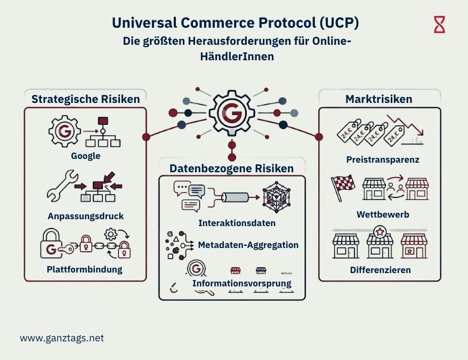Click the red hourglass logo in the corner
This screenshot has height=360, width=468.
(x=439, y=25)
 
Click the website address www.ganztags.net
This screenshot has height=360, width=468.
(x=62, y=338)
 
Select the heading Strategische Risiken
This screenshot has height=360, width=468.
(x=86, y=99)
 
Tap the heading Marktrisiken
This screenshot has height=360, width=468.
(x=379, y=99)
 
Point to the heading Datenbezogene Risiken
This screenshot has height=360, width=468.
(x=231, y=169)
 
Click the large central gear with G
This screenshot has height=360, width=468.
(x=231, y=112)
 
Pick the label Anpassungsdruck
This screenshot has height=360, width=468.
(x=86, y=217)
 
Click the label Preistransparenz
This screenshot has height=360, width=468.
(x=382, y=159)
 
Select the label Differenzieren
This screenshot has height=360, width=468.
(x=380, y=270)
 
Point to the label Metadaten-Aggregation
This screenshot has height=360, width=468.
(x=248, y=245)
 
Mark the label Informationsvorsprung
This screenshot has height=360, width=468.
(x=241, y=283)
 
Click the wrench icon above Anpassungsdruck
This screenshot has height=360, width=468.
(x=60, y=187)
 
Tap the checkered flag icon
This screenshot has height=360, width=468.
(x=342, y=188)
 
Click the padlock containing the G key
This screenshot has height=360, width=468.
(x=52, y=245)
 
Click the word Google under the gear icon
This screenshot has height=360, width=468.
(x=86, y=156)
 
